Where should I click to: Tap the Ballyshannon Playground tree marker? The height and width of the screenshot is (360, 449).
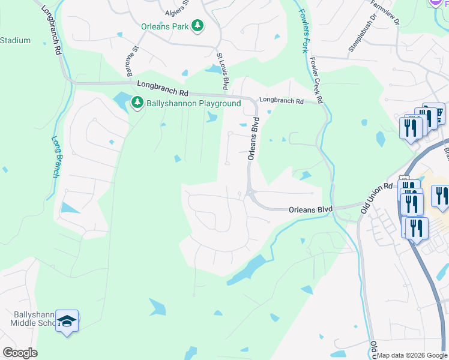pyautogui.click(x=138, y=103)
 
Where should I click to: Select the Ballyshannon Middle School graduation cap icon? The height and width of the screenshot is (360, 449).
pyautogui.click(x=68, y=322)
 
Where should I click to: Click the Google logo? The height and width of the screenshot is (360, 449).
pyautogui.click(x=20, y=353)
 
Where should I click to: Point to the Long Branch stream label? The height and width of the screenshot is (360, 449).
pyautogui.click(x=55, y=157)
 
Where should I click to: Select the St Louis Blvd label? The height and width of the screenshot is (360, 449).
pyautogui.click(x=223, y=70)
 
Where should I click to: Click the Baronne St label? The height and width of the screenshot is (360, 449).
pyautogui.click(x=131, y=62)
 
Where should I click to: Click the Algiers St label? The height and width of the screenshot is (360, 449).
pyautogui.click(x=177, y=11)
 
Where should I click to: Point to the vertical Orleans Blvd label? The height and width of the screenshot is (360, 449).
pyautogui.click(x=255, y=139)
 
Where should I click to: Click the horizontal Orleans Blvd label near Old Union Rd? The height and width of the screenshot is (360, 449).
pyautogui.click(x=310, y=209)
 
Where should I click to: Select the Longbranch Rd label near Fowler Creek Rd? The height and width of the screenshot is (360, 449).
pyautogui.click(x=281, y=101)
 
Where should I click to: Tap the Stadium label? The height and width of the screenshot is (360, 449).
pyautogui.click(x=15, y=41)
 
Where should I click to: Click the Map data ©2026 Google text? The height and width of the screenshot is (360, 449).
pyautogui.click(x=412, y=355)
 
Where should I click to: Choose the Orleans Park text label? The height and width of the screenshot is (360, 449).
pyautogui.click(x=165, y=26)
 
